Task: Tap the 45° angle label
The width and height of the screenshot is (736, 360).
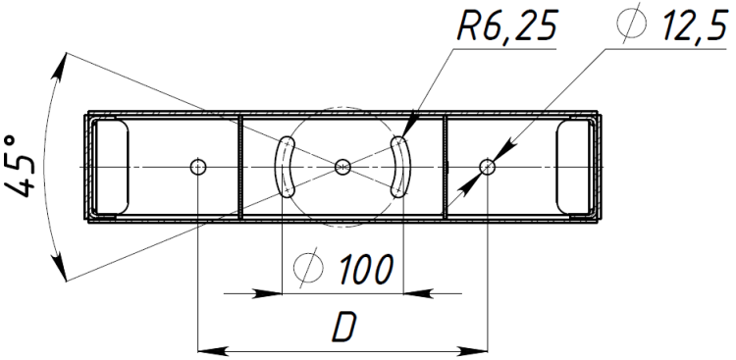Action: tap(21, 167)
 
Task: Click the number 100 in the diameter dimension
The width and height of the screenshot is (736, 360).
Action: tap(366, 270)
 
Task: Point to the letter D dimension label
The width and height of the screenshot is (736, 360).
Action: tap(345, 327)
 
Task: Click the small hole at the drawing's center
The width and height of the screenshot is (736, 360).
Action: tap(342, 167)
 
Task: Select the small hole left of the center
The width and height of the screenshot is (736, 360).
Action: tap(198, 167)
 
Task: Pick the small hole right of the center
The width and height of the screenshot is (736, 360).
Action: tap(487, 167)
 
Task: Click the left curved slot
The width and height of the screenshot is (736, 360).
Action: tap(282, 167)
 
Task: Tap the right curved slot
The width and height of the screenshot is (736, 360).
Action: tap(403, 167)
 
